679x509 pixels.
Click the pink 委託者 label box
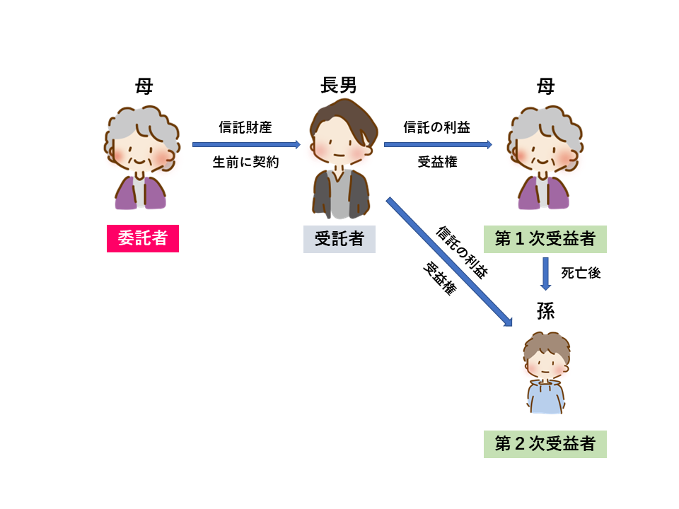(143, 239)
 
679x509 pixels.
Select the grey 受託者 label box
(339, 239)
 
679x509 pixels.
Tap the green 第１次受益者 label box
(545, 239)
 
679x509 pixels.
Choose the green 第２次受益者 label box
(545, 444)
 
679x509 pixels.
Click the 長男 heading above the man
(339, 86)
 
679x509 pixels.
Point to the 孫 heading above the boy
(545, 312)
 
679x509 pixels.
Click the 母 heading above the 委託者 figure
(144, 86)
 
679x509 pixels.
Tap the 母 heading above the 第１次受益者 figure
(545, 86)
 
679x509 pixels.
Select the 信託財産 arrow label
(246, 127)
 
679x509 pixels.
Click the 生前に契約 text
(246, 162)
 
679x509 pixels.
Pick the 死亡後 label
(581, 273)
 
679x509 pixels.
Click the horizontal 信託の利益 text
(437, 127)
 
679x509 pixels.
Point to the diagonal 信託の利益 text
(463, 252)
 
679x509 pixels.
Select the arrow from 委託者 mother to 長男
(246, 145)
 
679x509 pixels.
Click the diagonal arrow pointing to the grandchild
(448, 262)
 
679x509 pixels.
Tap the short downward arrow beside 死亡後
(545, 274)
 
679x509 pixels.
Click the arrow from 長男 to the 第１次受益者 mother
(438, 145)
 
